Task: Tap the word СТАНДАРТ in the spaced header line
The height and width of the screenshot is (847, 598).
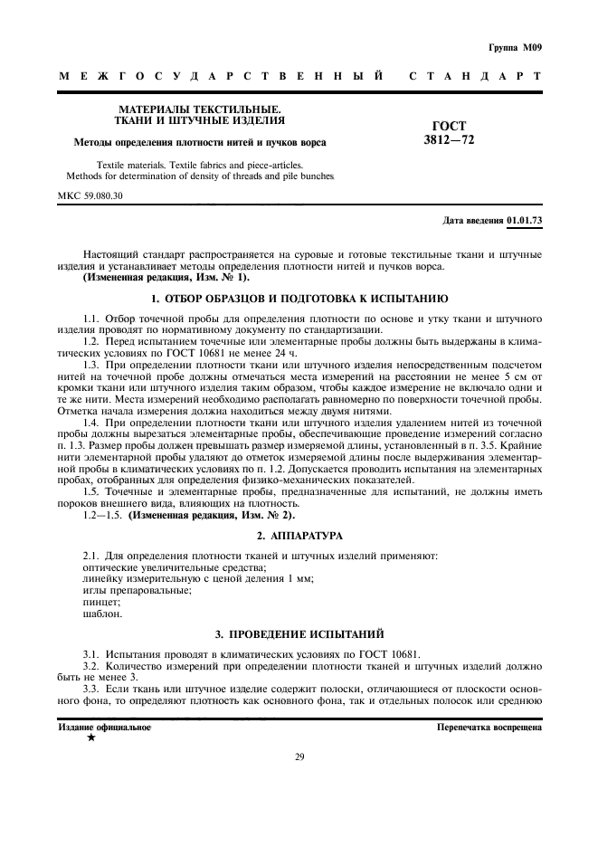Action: tap(475, 77)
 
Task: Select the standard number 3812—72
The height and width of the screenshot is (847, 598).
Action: tap(449, 140)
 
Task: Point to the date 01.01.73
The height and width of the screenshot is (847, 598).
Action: tap(524, 221)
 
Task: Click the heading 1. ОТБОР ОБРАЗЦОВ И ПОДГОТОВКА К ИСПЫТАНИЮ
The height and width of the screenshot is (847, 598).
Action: tap(299, 299)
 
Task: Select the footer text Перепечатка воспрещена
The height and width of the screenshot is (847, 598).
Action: tap(489, 727)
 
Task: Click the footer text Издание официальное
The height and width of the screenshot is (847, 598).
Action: tap(105, 727)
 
